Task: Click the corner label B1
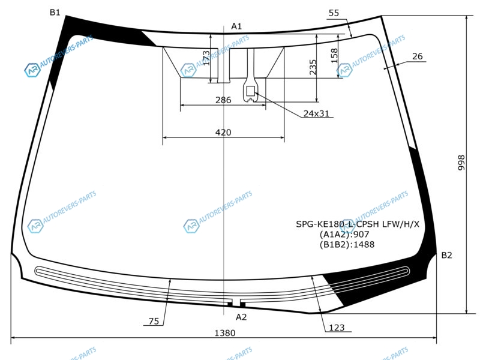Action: tap(55, 13)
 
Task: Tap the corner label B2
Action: tap(446, 256)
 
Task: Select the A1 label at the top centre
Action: tap(236, 26)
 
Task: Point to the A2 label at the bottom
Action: tap(241, 317)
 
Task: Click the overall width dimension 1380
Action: tap(224, 333)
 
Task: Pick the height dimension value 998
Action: tap(461, 163)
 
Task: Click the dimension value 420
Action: tap(223, 132)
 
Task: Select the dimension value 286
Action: tap(223, 100)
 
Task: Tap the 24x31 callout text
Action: tap(316, 113)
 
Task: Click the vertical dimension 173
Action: tap(206, 58)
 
